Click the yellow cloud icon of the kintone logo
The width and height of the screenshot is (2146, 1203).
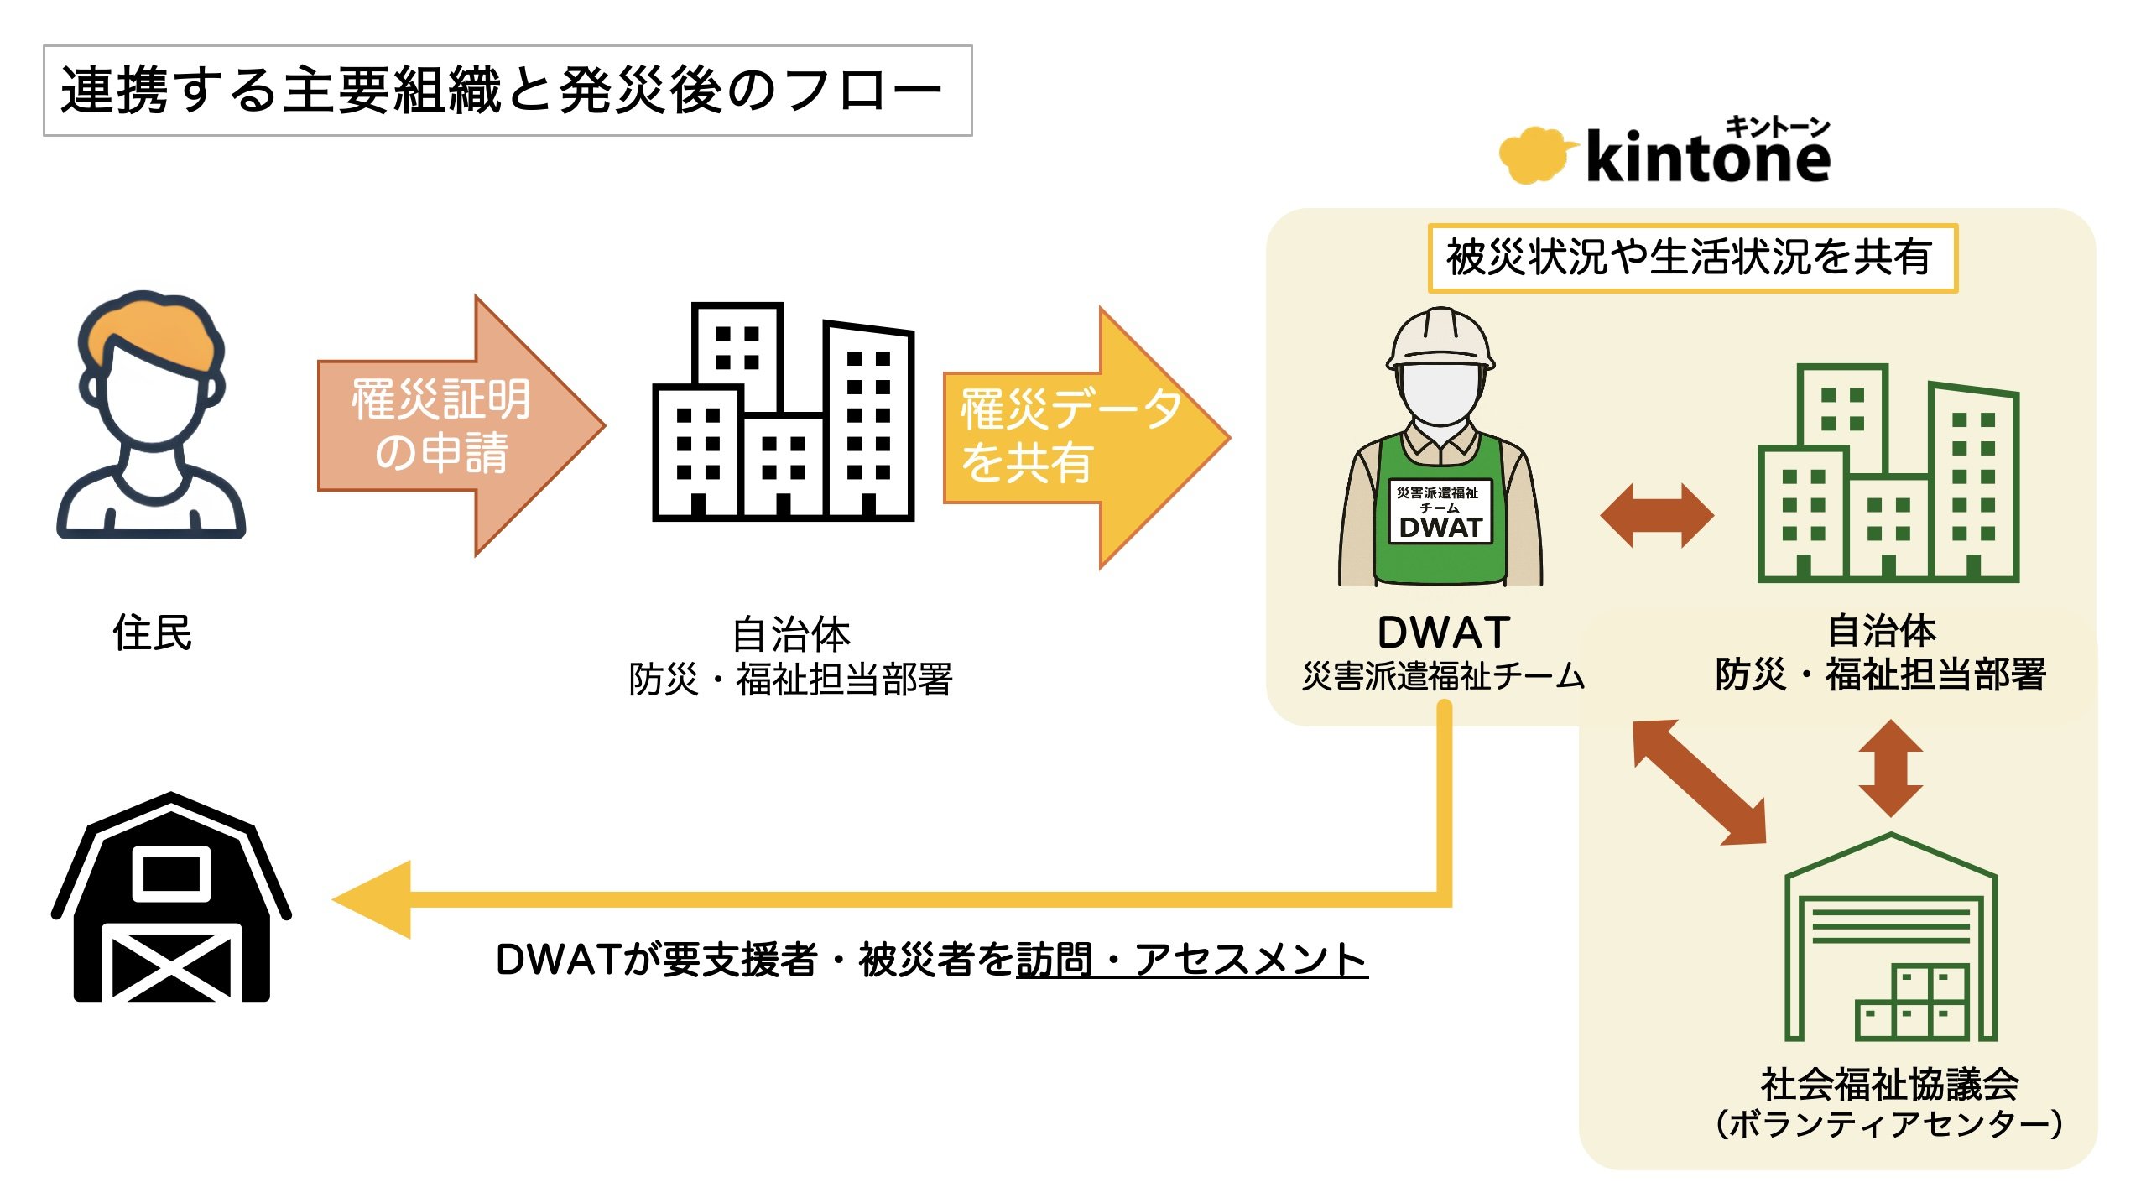pyautogui.click(x=1532, y=155)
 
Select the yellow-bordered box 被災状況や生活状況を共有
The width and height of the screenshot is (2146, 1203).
pyautogui.click(x=1691, y=258)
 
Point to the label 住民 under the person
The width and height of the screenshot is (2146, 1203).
pyautogui.click(x=152, y=633)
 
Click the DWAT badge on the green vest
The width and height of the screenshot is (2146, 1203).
pyautogui.click(x=1440, y=513)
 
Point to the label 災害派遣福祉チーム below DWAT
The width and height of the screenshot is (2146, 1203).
pyautogui.click(x=1443, y=676)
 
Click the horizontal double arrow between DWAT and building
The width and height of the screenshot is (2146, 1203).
pyautogui.click(x=1657, y=515)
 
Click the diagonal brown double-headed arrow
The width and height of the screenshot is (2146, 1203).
pyautogui.click(x=1700, y=782)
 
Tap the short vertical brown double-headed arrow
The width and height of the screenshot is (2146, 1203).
pyautogui.click(x=1890, y=768)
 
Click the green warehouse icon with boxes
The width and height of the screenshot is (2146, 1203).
pyautogui.click(x=1890, y=940)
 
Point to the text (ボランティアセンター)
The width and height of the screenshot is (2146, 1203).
pyautogui.click(x=1888, y=1124)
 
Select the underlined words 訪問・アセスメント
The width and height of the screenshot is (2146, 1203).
pyautogui.click(x=1191, y=960)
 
